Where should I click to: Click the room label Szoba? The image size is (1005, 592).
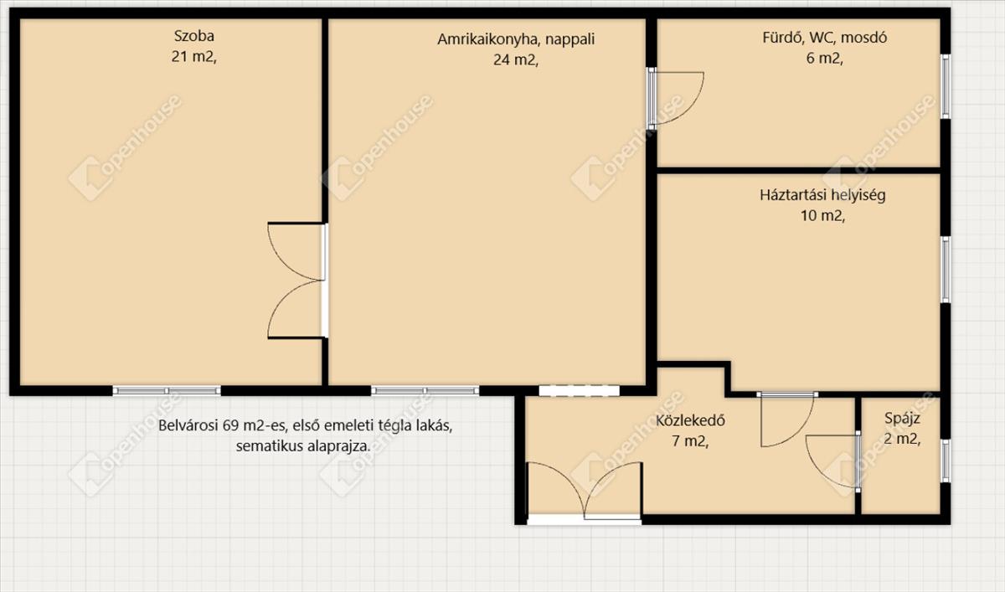click(193, 36)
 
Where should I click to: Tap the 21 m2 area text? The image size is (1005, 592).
click(193, 57)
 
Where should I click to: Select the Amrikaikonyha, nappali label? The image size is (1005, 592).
click(516, 39)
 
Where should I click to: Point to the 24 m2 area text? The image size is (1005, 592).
click(516, 59)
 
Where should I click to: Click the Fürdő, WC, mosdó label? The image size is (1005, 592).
click(825, 38)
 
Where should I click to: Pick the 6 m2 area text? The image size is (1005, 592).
click(825, 59)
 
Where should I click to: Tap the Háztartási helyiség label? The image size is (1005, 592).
click(822, 196)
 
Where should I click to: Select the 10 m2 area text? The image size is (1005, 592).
click(822, 216)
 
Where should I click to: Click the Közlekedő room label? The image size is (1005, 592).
click(690, 420)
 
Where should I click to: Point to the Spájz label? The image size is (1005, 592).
click(902, 419)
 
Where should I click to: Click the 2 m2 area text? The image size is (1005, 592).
click(902, 439)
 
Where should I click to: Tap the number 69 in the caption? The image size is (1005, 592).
click(231, 425)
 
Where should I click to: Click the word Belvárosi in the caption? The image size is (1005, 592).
click(188, 425)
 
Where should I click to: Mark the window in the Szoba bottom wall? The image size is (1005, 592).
click(167, 391)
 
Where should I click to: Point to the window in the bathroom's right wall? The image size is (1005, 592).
click(946, 86)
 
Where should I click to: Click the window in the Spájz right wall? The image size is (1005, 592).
click(946, 461)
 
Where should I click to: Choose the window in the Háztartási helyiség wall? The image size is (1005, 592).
click(946, 270)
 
